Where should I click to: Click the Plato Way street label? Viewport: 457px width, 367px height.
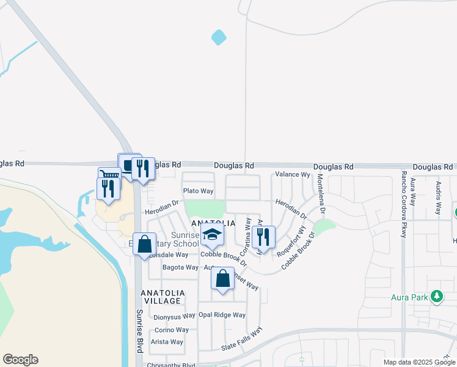click(199, 191)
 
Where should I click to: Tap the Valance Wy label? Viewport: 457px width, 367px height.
click(293, 174)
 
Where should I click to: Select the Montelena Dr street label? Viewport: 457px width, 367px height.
click(321, 193)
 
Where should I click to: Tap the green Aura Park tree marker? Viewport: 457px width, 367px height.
click(436, 297)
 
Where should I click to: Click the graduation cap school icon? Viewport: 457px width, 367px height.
click(213, 234)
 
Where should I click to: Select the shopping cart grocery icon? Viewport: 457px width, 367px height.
click(109, 176)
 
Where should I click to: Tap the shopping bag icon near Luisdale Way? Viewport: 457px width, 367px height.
click(144, 245)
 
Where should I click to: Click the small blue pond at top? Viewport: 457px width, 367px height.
click(218, 38)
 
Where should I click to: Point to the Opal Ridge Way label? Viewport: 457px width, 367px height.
click(222, 315)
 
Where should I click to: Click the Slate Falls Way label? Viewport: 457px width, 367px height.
click(241, 339)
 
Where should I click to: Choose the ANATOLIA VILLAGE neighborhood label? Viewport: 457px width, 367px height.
click(161, 297)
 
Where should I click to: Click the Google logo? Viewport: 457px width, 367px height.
click(20, 360)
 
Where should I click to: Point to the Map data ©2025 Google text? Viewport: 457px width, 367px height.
click(419, 362)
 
